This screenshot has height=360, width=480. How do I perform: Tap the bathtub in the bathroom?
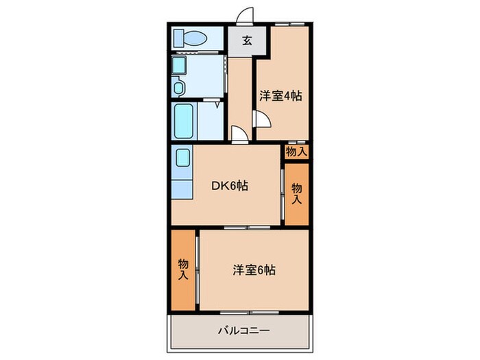click(x=184, y=121)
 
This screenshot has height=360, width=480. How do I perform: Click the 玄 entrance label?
click(x=245, y=40)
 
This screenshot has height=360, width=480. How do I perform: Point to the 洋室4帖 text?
click(x=280, y=96)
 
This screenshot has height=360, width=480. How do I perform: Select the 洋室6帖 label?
click(x=253, y=270)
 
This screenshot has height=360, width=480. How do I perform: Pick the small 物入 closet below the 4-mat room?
click(x=296, y=152)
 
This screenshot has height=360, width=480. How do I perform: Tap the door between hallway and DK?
click(x=238, y=134)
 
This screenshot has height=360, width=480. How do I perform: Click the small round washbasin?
click(x=179, y=87)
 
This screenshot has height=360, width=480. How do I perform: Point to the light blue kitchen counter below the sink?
click(x=182, y=189)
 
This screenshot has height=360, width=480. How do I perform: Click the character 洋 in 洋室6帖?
click(x=237, y=270)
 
